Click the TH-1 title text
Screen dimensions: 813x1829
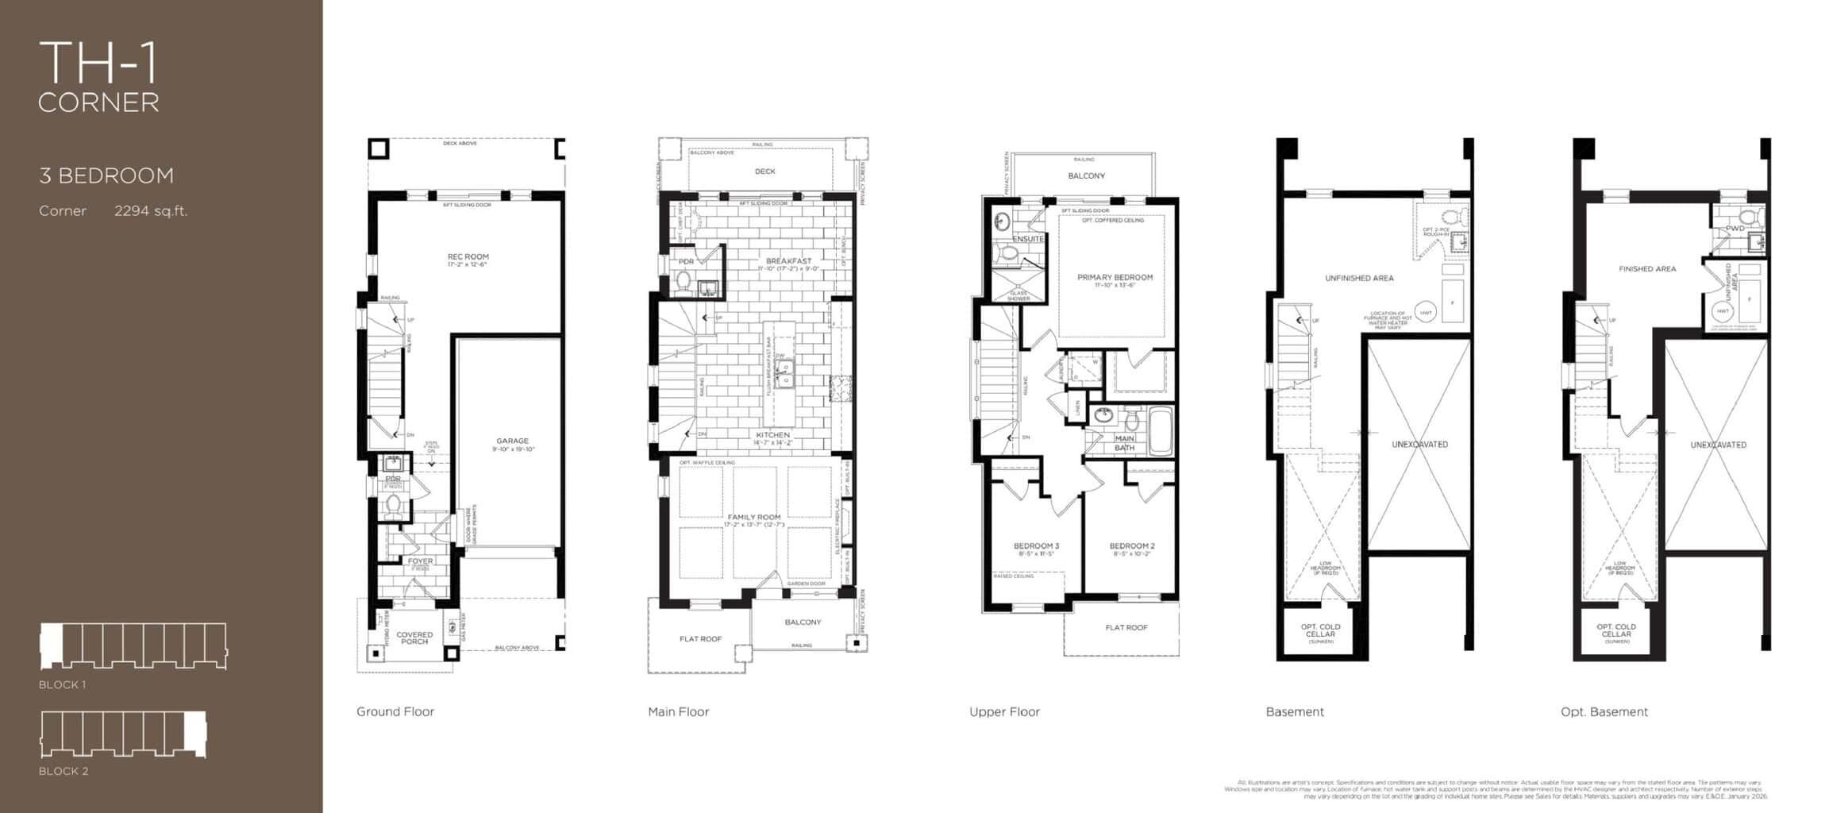(98, 63)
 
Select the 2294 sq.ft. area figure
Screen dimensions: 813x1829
(151, 211)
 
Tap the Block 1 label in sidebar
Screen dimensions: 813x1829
(62, 684)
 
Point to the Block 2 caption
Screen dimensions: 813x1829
(64, 771)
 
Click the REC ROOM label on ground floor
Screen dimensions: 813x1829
(468, 257)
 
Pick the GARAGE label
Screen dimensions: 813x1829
(512, 441)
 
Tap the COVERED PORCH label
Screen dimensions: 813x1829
(414, 638)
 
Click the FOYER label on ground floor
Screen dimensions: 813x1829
(420, 561)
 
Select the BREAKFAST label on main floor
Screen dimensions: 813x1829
(788, 261)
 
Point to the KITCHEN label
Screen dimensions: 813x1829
(772, 435)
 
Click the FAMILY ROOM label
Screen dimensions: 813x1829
(754, 518)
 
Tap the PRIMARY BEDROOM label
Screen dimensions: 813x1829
(1115, 278)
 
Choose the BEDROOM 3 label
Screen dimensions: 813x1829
(1036, 546)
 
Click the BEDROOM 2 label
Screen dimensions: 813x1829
(1132, 546)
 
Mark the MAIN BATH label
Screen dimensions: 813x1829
(1124, 443)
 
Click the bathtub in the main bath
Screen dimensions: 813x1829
(1160, 432)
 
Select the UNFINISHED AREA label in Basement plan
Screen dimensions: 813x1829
(1359, 279)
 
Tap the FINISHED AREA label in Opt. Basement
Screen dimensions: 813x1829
(1647, 269)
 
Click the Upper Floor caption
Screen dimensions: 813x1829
(1004, 712)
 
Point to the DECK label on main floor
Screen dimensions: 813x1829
(765, 171)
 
